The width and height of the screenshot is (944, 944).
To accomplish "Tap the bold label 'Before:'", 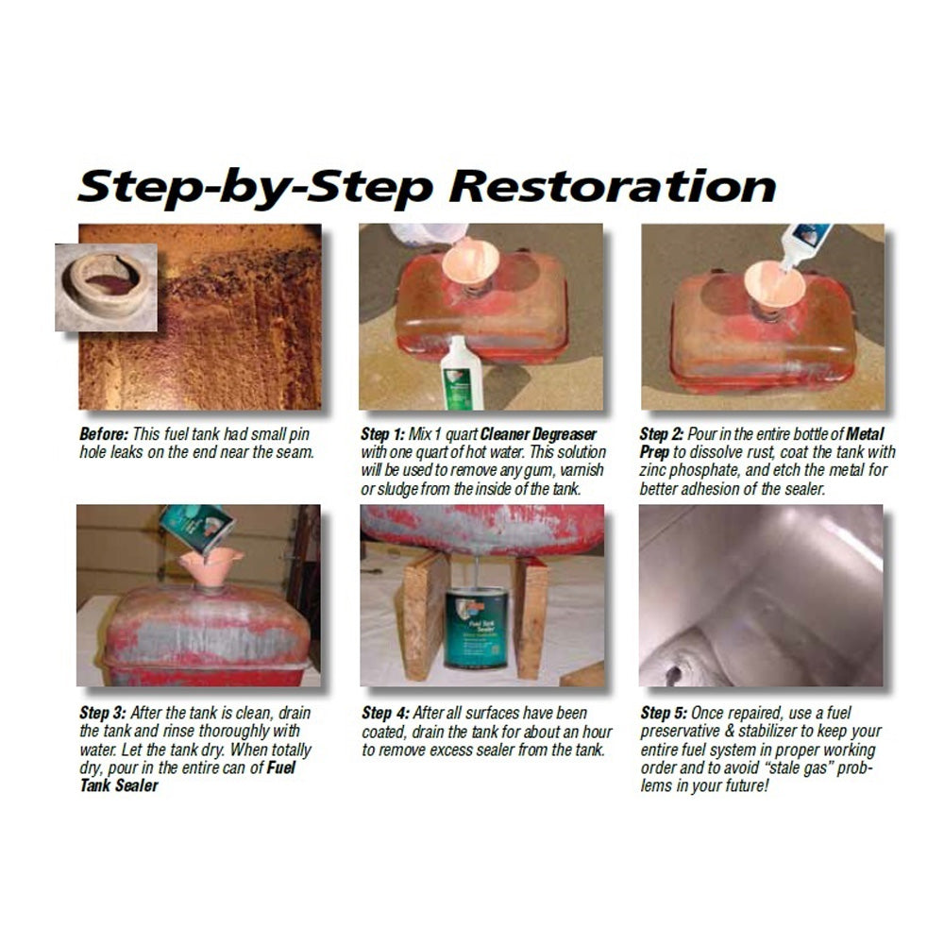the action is pos(104,434).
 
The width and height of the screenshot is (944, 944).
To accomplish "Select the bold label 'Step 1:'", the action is pos(383,434).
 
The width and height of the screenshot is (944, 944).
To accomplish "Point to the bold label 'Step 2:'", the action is pos(662,434).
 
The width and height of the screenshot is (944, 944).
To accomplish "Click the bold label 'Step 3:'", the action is pos(103,713).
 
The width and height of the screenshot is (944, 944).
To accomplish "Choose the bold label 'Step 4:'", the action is pos(385,713).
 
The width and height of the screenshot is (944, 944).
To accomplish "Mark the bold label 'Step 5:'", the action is pos(664,713).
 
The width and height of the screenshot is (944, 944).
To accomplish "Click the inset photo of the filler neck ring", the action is pos(107,287).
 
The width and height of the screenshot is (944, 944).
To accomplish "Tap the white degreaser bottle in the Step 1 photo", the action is pos(463,373).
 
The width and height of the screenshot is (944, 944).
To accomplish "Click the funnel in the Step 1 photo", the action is pos(471,263).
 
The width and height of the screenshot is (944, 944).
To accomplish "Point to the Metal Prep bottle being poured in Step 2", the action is pos(803,245).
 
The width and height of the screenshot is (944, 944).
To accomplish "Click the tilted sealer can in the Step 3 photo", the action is pos(198,528).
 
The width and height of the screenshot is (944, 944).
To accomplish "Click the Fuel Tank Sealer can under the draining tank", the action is pos(476,628).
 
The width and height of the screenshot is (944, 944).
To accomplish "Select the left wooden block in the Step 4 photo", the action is pos(425,617).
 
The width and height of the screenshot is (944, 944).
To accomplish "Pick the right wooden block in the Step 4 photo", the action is pos(531,618).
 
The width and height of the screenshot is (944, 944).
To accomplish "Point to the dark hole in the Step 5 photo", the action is pos(674,674).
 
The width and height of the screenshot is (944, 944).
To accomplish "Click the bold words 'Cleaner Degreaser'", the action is pos(538,434).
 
